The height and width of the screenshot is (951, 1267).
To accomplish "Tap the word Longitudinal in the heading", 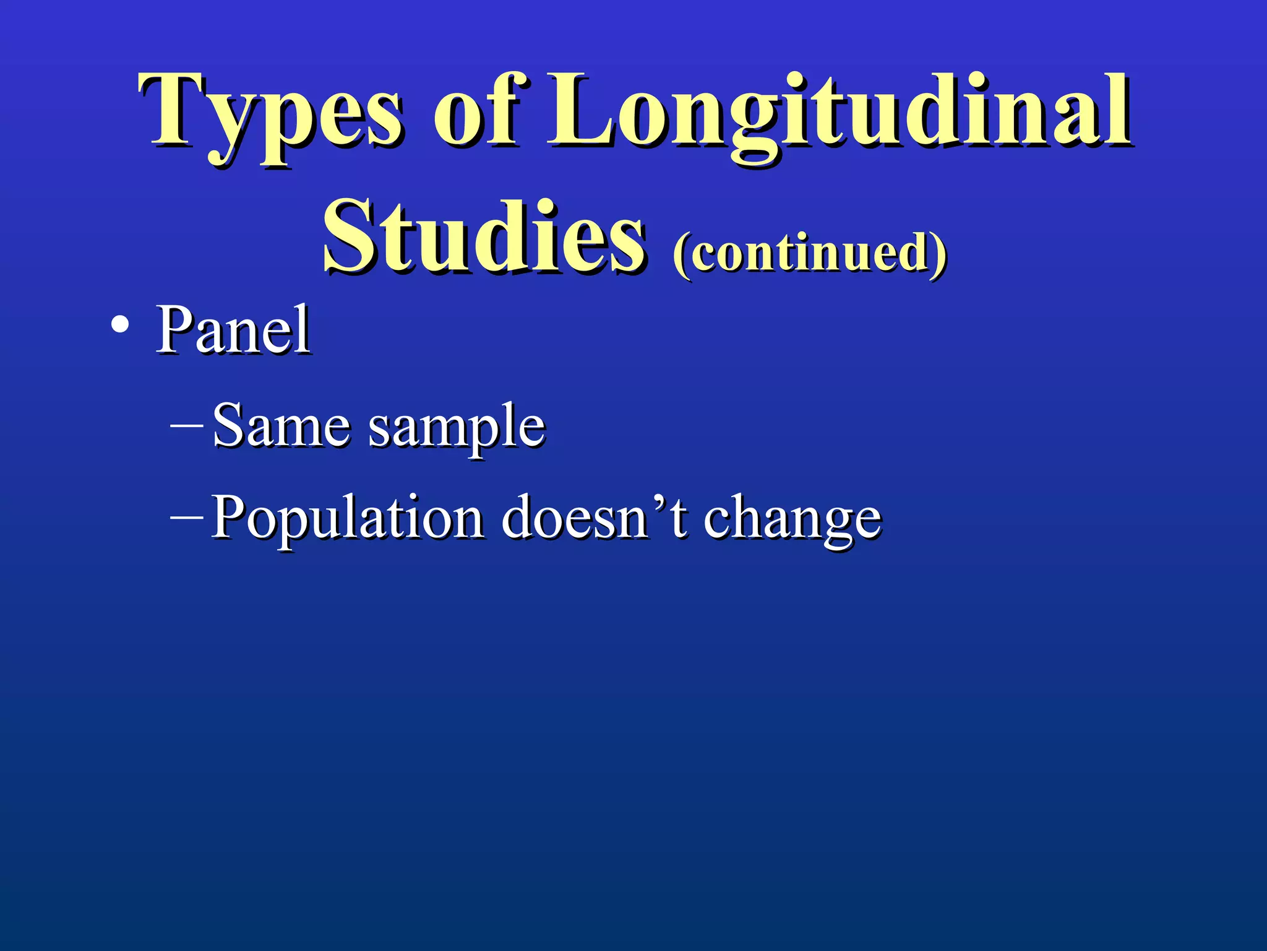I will pyautogui.click(x=840, y=115).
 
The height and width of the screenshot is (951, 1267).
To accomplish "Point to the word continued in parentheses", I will pyautogui.click(x=810, y=253).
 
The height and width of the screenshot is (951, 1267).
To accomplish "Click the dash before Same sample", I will pyautogui.click(x=186, y=425).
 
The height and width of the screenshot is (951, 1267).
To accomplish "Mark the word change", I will pyautogui.click(x=792, y=520).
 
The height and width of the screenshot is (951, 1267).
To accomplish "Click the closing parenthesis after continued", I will pyautogui.click(x=939, y=254).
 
